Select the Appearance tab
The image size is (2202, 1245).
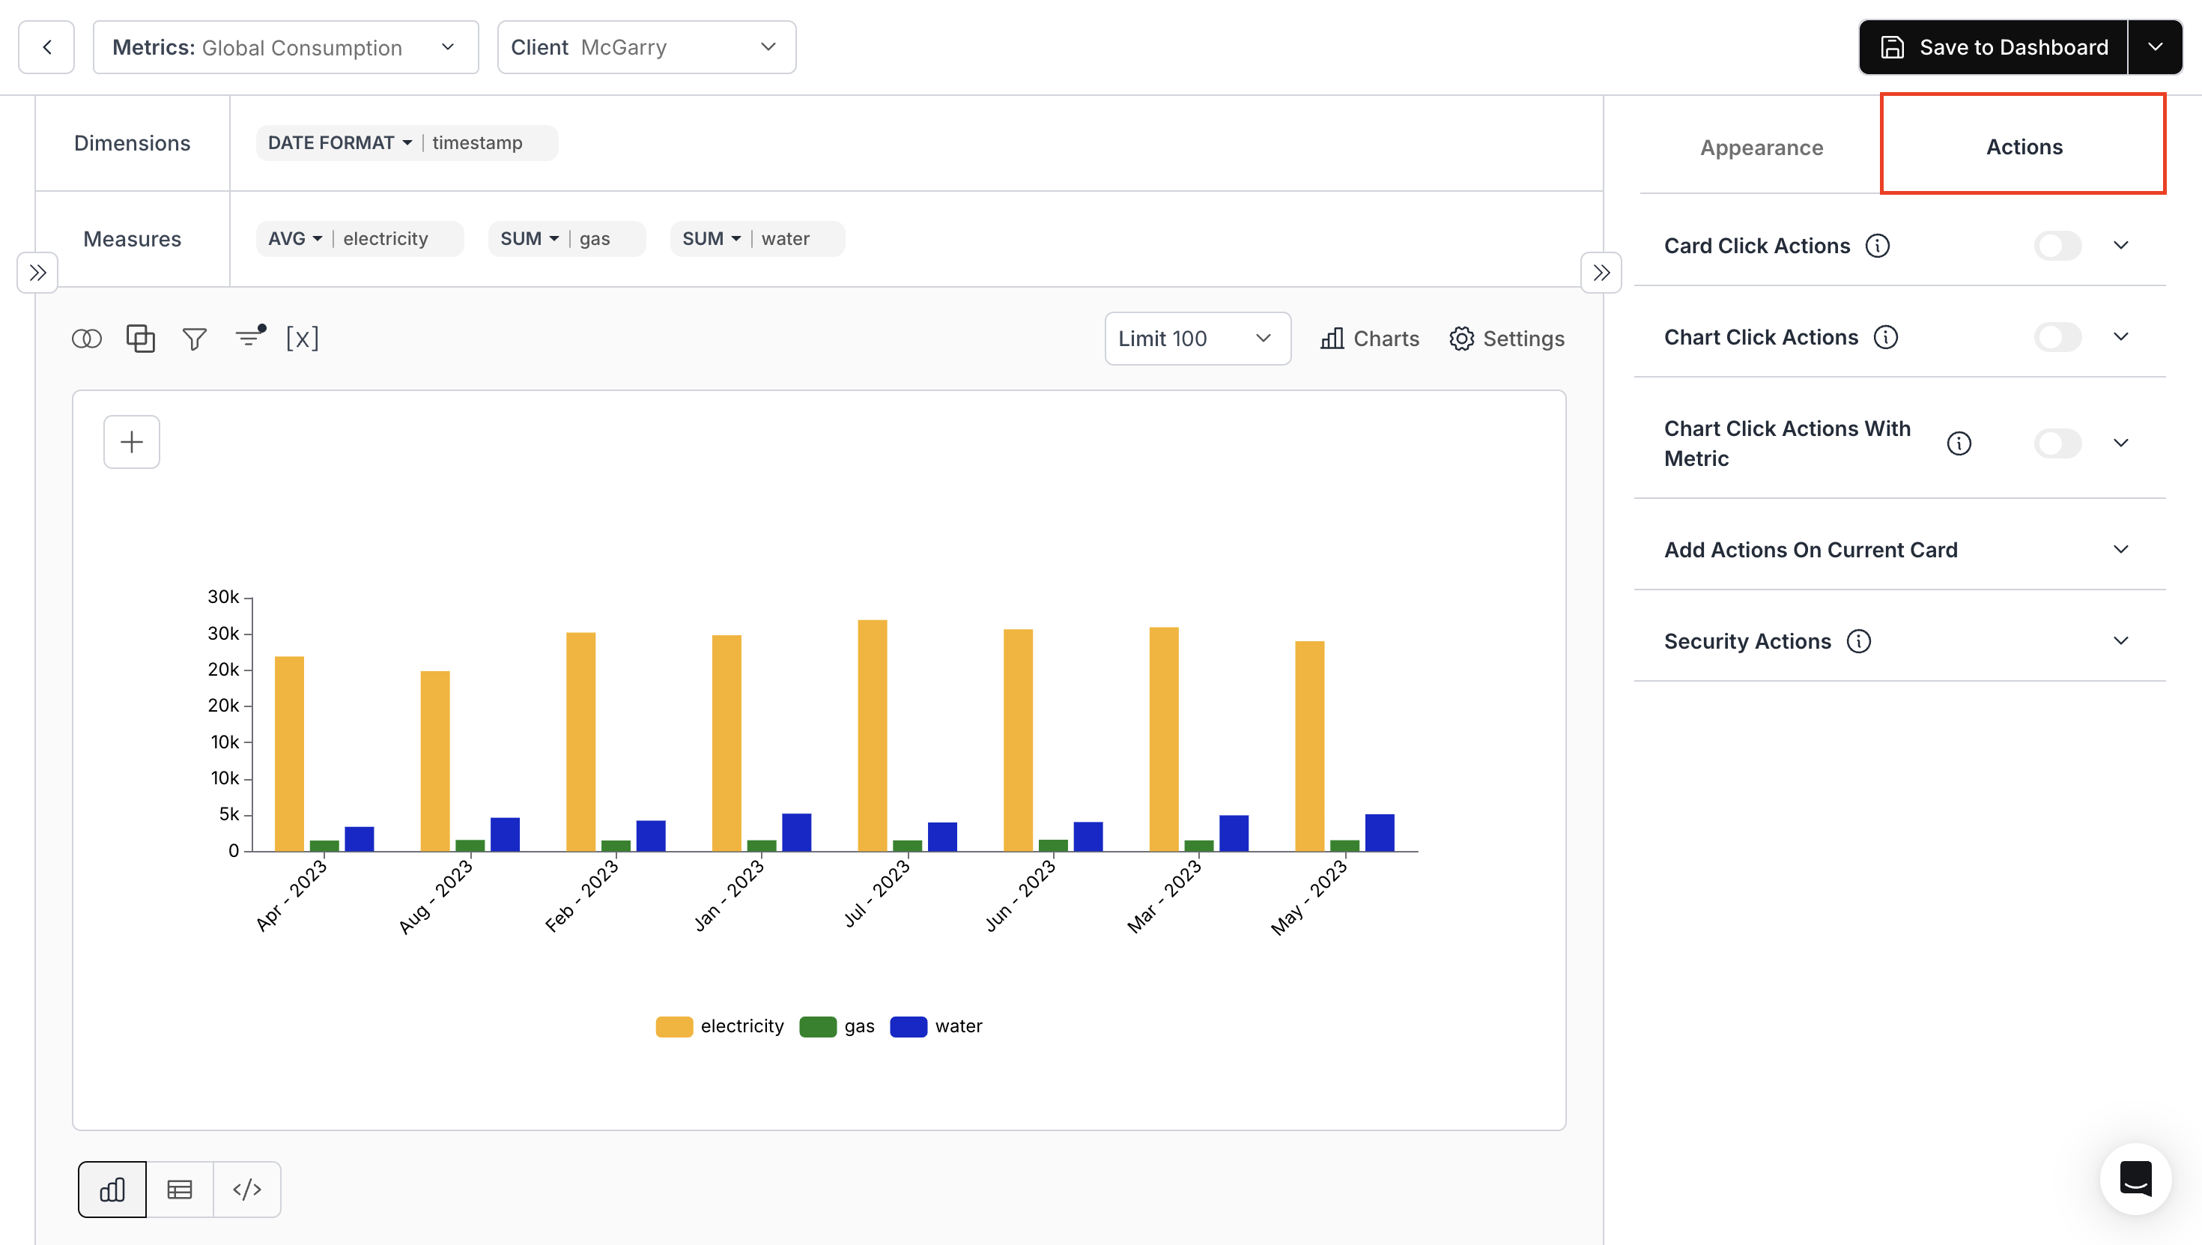[1761, 147]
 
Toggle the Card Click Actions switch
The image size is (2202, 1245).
[2057, 246]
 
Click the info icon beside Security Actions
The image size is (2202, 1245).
[1858, 640]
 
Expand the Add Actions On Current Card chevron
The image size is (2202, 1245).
[2121, 549]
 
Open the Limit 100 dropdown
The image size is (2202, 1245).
[1197, 339]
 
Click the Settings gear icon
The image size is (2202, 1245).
[1461, 339]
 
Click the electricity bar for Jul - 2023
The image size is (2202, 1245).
[872, 736]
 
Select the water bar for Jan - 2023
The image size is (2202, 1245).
[796, 832]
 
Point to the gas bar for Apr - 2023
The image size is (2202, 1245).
[324, 846]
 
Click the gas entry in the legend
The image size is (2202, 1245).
[837, 1026]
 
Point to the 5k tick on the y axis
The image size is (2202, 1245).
[228, 814]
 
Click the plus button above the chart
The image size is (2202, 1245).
[132, 442]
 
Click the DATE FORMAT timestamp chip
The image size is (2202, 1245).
[406, 143]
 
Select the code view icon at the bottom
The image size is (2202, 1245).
[247, 1190]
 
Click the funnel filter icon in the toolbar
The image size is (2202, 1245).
[194, 339]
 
